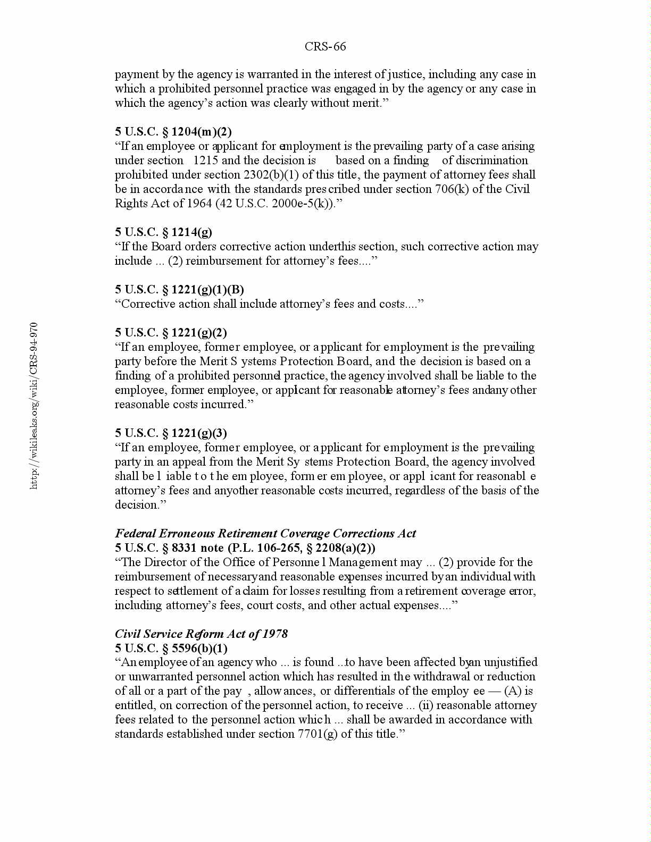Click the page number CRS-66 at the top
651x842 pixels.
tap(325, 47)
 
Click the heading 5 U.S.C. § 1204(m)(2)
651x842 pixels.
tap(173, 132)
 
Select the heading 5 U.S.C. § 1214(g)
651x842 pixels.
tap(163, 232)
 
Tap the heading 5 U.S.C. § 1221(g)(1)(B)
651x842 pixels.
tap(179, 290)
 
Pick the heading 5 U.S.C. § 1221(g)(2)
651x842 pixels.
tap(171, 333)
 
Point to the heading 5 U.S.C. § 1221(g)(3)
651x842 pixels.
tap(171, 433)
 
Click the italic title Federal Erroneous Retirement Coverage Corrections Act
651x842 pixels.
tap(265, 534)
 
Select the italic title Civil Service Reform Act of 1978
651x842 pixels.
tap(201, 634)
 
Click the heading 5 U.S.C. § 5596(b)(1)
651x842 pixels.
tap(171, 649)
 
